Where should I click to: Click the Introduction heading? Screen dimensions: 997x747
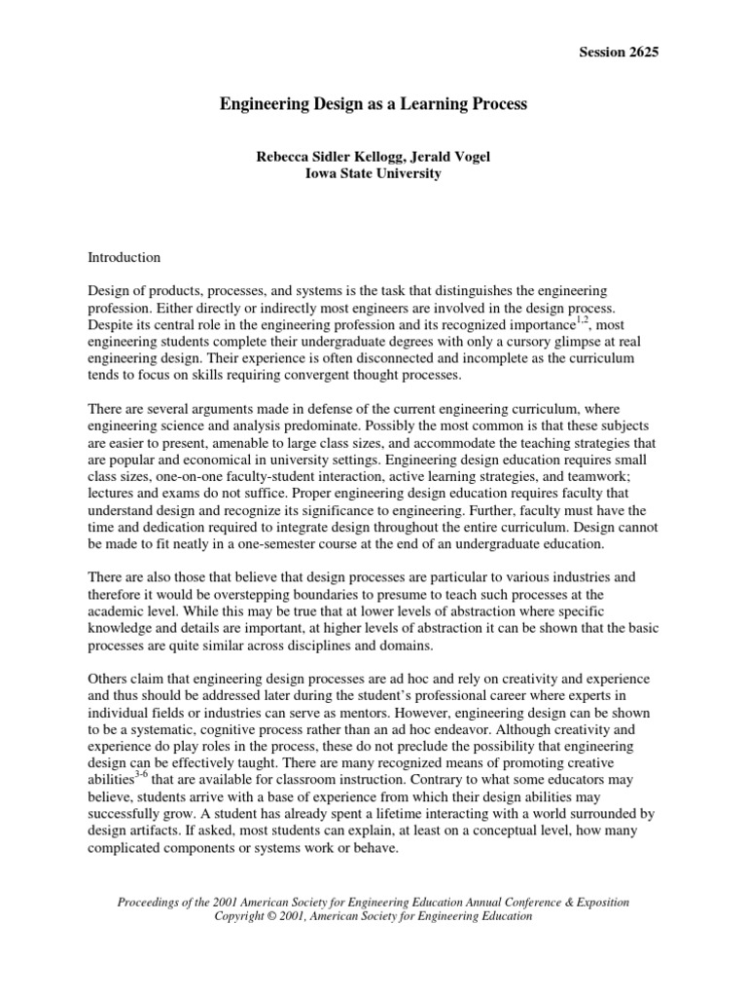point(124,258)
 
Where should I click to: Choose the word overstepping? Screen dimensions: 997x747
point(236,593)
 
